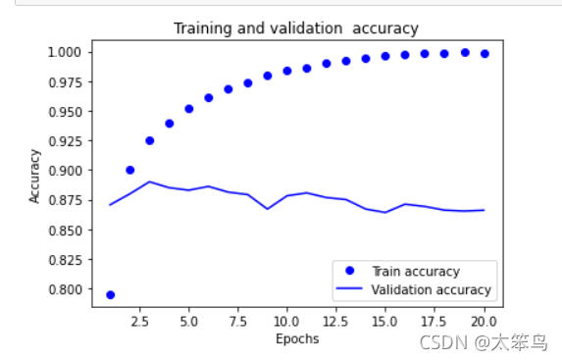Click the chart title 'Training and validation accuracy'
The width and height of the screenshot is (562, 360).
click(x=296, y=28)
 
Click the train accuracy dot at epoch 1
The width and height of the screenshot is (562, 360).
click(x=111, y=295)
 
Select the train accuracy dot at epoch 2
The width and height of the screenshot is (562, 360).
click(x=130, y=170)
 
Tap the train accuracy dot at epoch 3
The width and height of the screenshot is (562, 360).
click(x=150, y=140)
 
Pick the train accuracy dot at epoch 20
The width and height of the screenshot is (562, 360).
click(x=485, y=54)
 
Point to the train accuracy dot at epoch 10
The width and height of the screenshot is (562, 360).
click(x=287, y=71)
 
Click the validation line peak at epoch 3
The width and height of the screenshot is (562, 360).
click(x=149, y=181)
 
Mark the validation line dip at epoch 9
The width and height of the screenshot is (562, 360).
click(x=268, y=209)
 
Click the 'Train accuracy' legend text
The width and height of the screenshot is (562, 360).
click(x=416, y=272)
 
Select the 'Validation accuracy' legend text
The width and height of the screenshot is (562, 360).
click(x=432, y=289)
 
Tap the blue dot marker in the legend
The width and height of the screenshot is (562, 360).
click(x=350, y=271)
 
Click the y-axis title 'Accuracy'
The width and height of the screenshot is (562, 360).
click(x=34, y=176)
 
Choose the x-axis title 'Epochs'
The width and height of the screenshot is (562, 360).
click(x=297, y=338)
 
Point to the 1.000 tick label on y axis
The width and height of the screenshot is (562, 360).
click(x=65, y=52)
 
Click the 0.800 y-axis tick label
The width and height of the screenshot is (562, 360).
click(x=65, y=289)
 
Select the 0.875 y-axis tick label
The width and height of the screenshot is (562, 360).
click(x=65, y=200)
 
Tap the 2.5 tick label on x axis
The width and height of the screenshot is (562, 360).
click(x=139, y=322)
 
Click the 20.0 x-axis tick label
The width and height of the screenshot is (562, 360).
click(x=484, y=322)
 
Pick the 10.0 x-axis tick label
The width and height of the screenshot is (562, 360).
click(x=286, y=322)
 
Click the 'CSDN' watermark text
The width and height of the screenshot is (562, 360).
click(x=443, y=342)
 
